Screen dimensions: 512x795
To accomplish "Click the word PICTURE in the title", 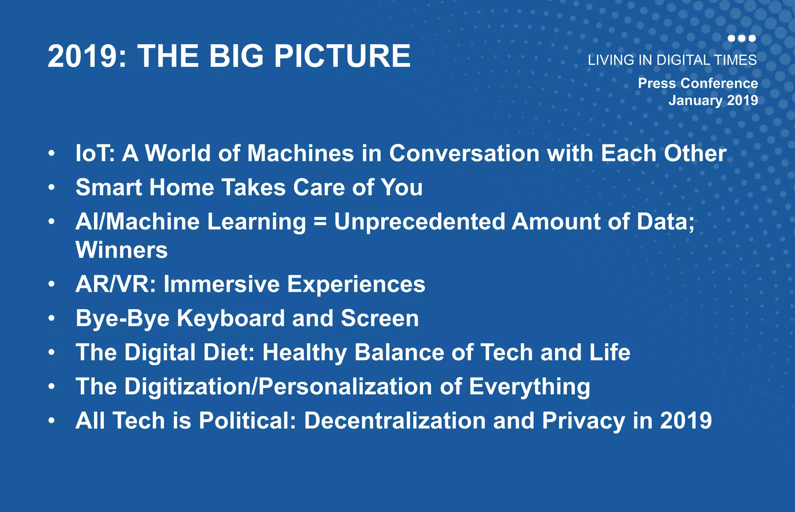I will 342,56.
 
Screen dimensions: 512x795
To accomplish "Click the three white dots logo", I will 741,38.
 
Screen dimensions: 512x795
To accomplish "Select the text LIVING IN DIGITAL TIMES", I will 672,60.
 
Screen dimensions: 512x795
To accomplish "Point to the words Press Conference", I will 698,83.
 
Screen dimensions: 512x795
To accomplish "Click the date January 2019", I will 713,100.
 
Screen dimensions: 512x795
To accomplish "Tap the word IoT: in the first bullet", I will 95,153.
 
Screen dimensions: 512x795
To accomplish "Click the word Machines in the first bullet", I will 300,153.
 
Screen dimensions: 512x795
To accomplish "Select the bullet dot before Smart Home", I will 52,188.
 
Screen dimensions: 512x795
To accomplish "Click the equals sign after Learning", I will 320,222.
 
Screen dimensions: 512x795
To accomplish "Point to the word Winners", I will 122,250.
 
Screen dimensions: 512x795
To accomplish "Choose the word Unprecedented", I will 419,222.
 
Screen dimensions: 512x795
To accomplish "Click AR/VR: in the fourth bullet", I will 116,284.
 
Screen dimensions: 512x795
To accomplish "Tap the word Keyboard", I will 231,318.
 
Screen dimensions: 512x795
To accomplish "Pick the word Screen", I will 380,318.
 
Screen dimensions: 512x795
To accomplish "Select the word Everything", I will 529,387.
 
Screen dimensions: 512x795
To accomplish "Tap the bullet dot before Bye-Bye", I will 52,318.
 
